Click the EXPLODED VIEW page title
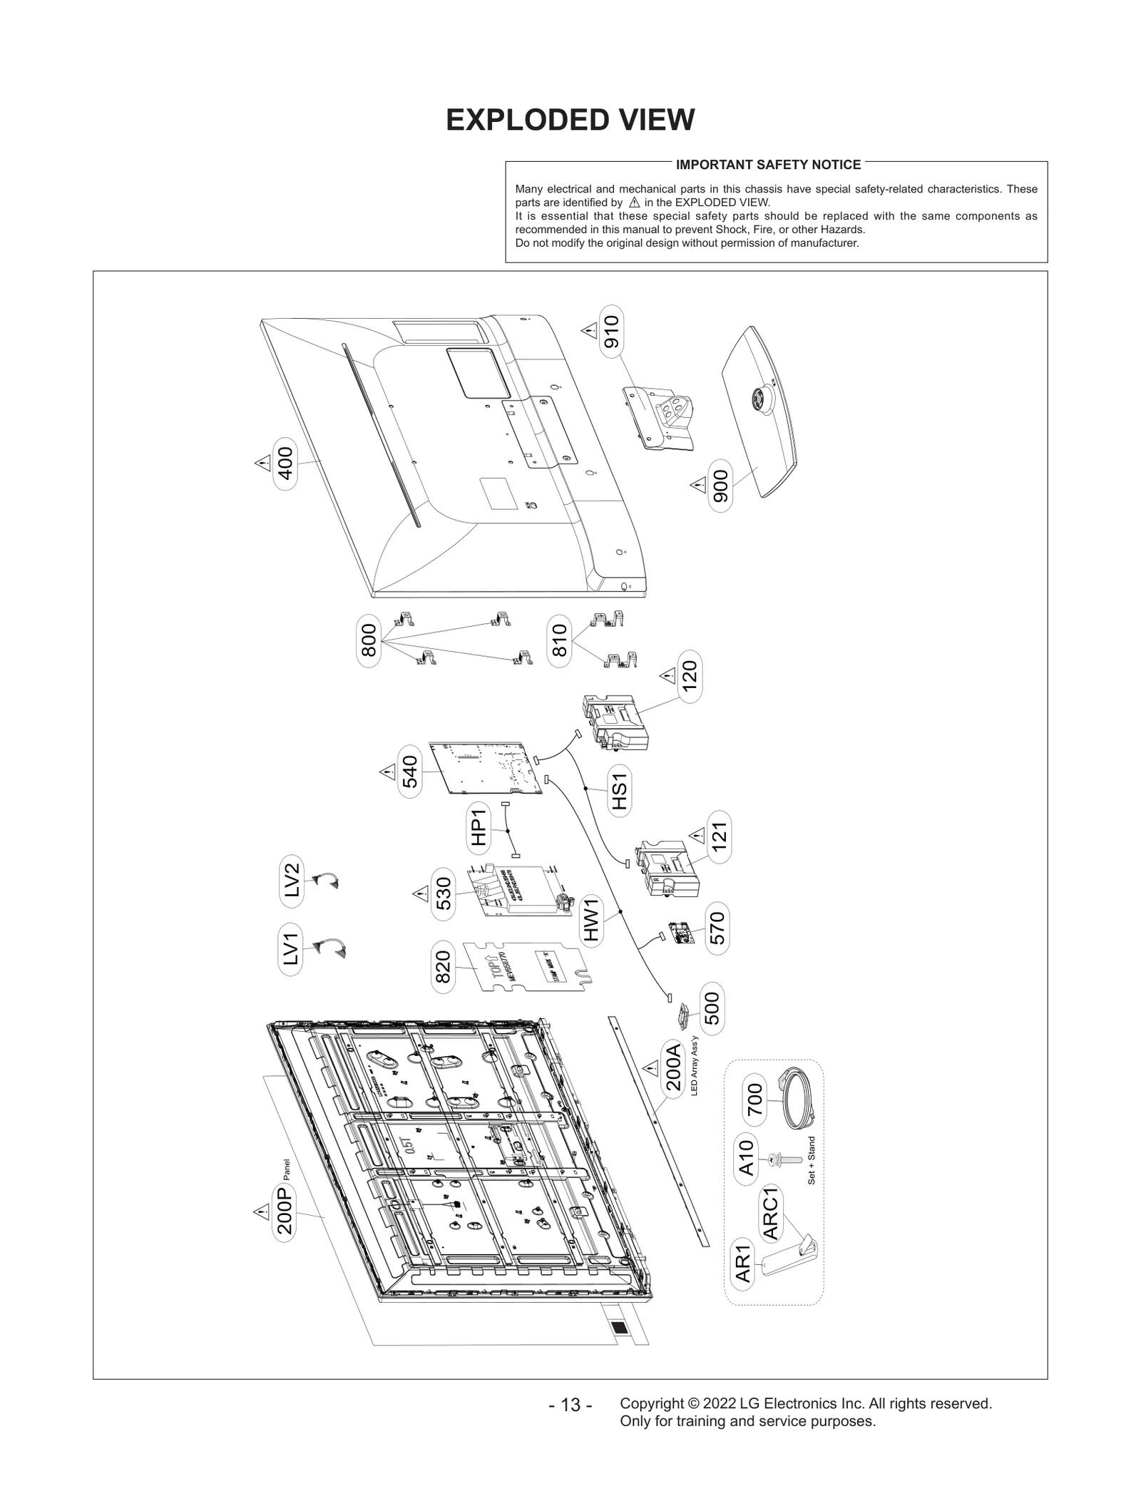(570, 121)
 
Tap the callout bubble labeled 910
(611, 330)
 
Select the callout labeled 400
(285, 463)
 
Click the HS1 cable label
(619, 791)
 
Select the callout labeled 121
(719, 836)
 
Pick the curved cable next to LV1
(330, 948)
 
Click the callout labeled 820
(443, 966)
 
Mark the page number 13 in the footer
(570, 1425)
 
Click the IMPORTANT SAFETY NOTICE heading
(768, 165)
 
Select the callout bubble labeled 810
(560, 640)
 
